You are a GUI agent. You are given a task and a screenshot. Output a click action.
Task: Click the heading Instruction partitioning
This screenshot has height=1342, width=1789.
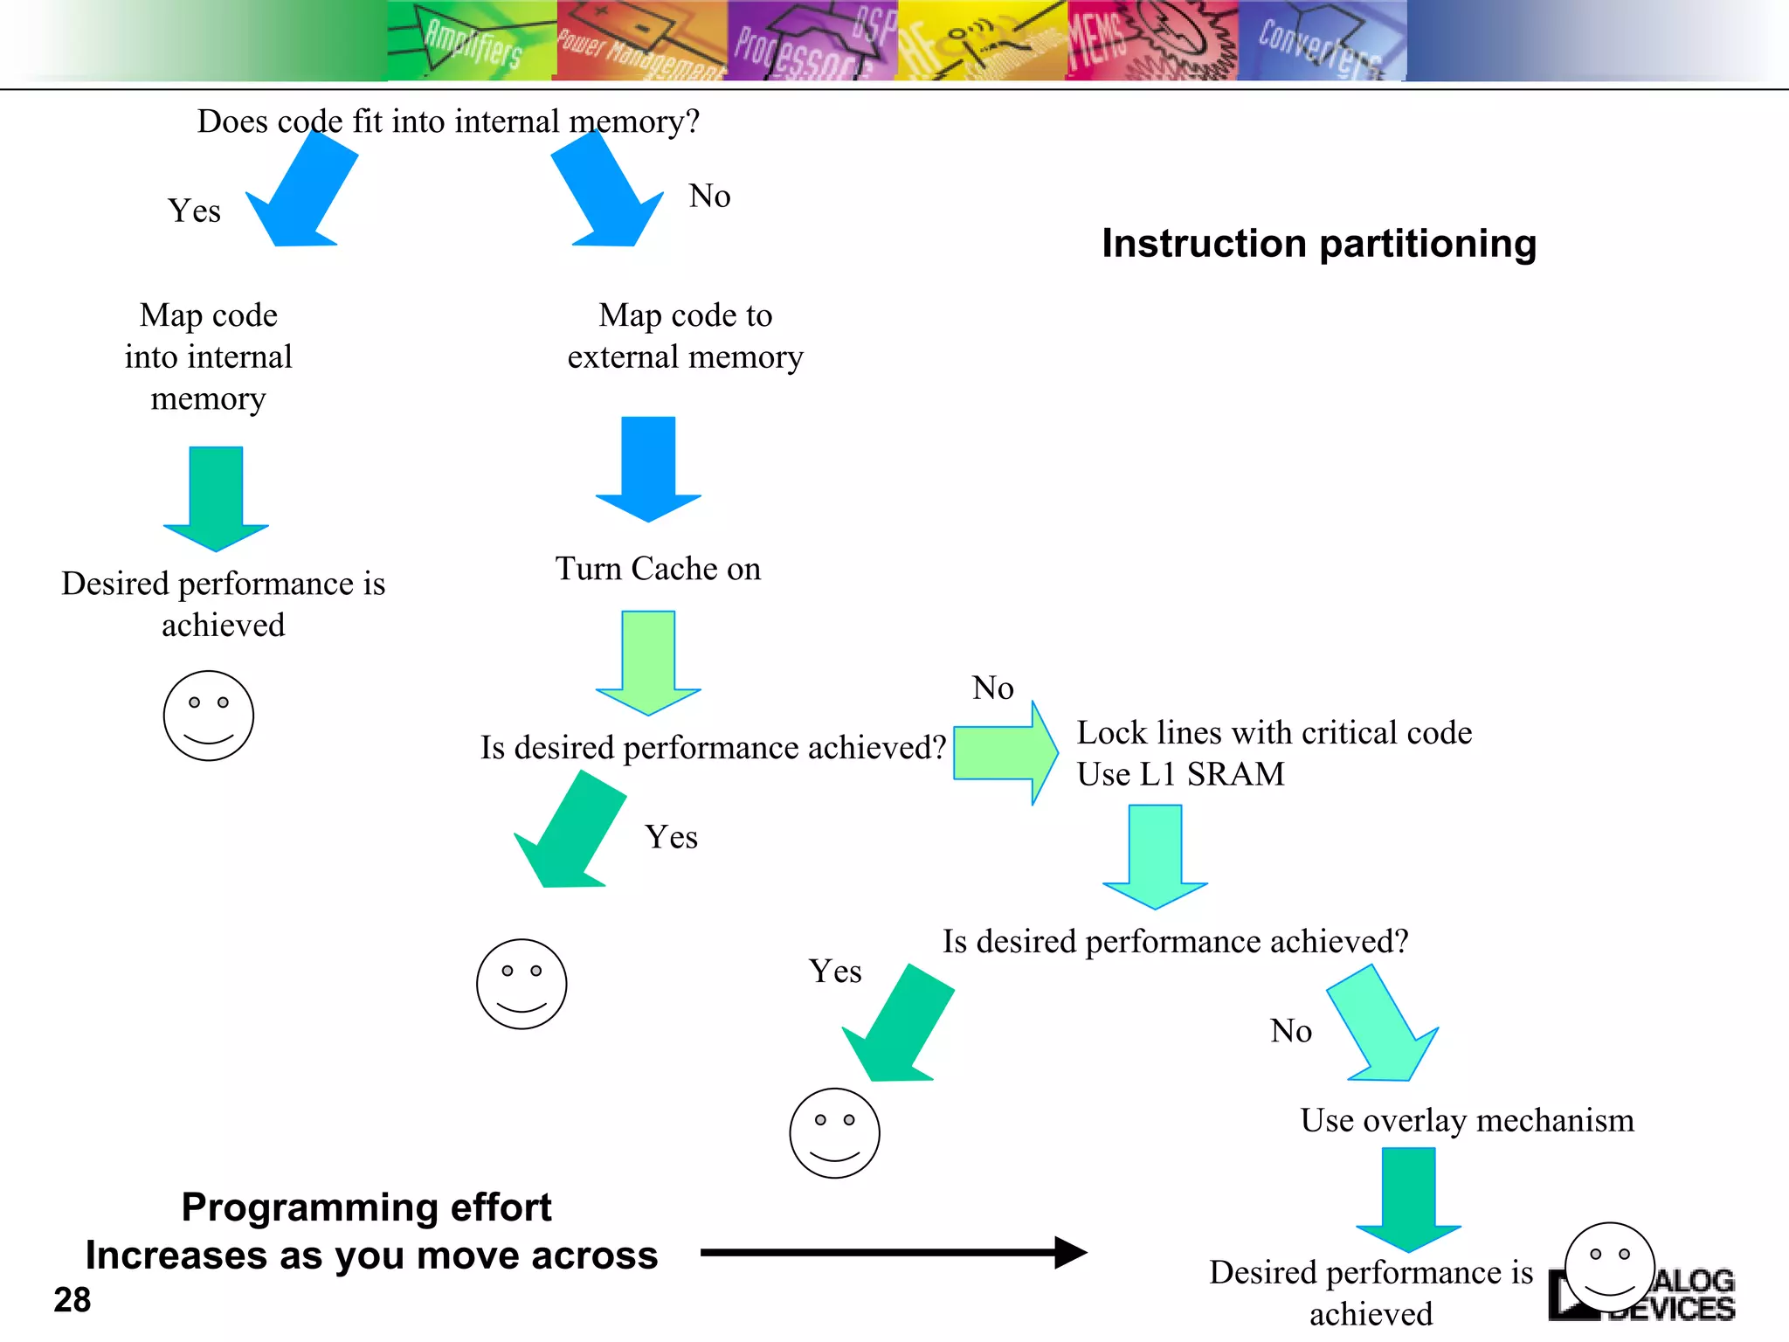tap(1318, 244)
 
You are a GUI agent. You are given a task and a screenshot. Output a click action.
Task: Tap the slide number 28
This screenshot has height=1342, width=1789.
tap(72, 1300)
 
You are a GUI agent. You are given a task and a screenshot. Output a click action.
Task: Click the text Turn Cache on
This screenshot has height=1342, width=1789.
tap(658, 569)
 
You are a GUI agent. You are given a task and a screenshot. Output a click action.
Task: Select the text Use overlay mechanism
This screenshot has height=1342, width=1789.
tap(1466, 1120)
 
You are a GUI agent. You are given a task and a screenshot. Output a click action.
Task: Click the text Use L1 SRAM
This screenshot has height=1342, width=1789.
tap(1180, 774)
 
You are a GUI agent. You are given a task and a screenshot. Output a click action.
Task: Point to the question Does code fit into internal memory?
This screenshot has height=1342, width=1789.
tap(448, 121)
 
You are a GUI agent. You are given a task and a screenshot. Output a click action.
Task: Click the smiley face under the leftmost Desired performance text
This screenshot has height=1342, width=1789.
tap(208, 716)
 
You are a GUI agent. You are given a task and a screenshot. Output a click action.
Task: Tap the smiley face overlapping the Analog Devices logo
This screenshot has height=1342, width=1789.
tap(1609, 1267)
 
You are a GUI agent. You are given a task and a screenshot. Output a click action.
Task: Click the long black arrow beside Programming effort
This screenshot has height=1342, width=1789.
tap(891, 1252)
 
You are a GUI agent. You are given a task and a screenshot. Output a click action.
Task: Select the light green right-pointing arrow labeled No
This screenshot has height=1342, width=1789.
tap(1005, 752)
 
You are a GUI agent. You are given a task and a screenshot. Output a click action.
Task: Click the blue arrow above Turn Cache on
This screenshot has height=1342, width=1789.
tap(648, 467)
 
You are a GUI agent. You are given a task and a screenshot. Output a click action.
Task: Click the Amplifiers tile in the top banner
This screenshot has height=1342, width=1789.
tap(471, 41)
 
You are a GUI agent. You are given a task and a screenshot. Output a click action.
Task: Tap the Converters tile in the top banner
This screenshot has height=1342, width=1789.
tap(1321, 41)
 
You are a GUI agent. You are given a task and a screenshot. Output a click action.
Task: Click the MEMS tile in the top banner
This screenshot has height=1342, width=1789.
tap(1150, 41)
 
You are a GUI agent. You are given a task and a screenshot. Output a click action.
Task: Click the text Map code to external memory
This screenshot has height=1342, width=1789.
tap(685, 336)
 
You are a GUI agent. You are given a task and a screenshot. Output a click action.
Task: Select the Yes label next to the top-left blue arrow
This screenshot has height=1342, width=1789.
tap(194, 211)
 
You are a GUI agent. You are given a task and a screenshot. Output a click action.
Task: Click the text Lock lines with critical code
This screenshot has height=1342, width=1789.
tap(1274, 733)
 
